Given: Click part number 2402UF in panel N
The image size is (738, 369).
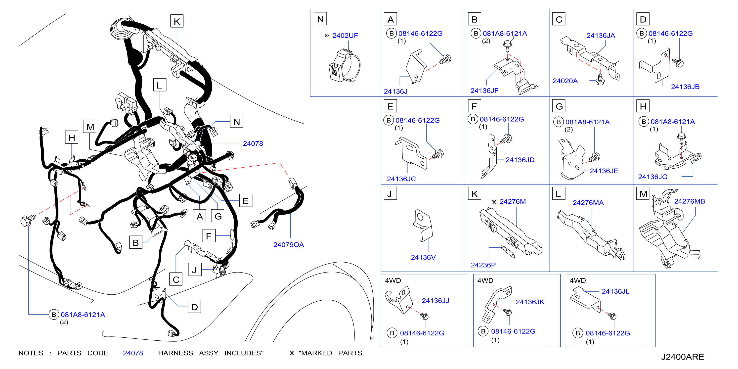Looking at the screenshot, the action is pos(345,36).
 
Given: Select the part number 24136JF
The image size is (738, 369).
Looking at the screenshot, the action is pos(484,91).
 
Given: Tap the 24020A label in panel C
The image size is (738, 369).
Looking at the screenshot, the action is pos(565,81).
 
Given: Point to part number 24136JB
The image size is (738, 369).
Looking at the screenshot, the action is pos(685,87).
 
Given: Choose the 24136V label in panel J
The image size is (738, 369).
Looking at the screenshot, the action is pos(423,257).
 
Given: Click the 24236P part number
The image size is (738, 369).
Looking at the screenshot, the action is pos(483,265).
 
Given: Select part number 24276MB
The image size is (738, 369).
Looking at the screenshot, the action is pos(689,201).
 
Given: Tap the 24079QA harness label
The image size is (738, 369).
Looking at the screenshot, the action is pos(289,245).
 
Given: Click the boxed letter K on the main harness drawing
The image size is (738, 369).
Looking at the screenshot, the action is pos(177,21).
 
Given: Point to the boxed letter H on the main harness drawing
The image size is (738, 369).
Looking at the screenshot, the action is pos(72,138).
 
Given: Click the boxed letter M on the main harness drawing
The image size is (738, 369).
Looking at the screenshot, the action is pos(90,126).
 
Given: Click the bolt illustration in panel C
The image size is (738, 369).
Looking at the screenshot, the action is pos(600,79).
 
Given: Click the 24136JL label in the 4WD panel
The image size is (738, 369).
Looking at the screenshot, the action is pos(615,291).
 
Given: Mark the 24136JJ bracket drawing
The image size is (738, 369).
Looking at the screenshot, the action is pos(399,300).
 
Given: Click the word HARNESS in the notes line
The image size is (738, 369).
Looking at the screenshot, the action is pos(175,353).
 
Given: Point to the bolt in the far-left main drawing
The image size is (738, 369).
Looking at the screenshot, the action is pos(28,220).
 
